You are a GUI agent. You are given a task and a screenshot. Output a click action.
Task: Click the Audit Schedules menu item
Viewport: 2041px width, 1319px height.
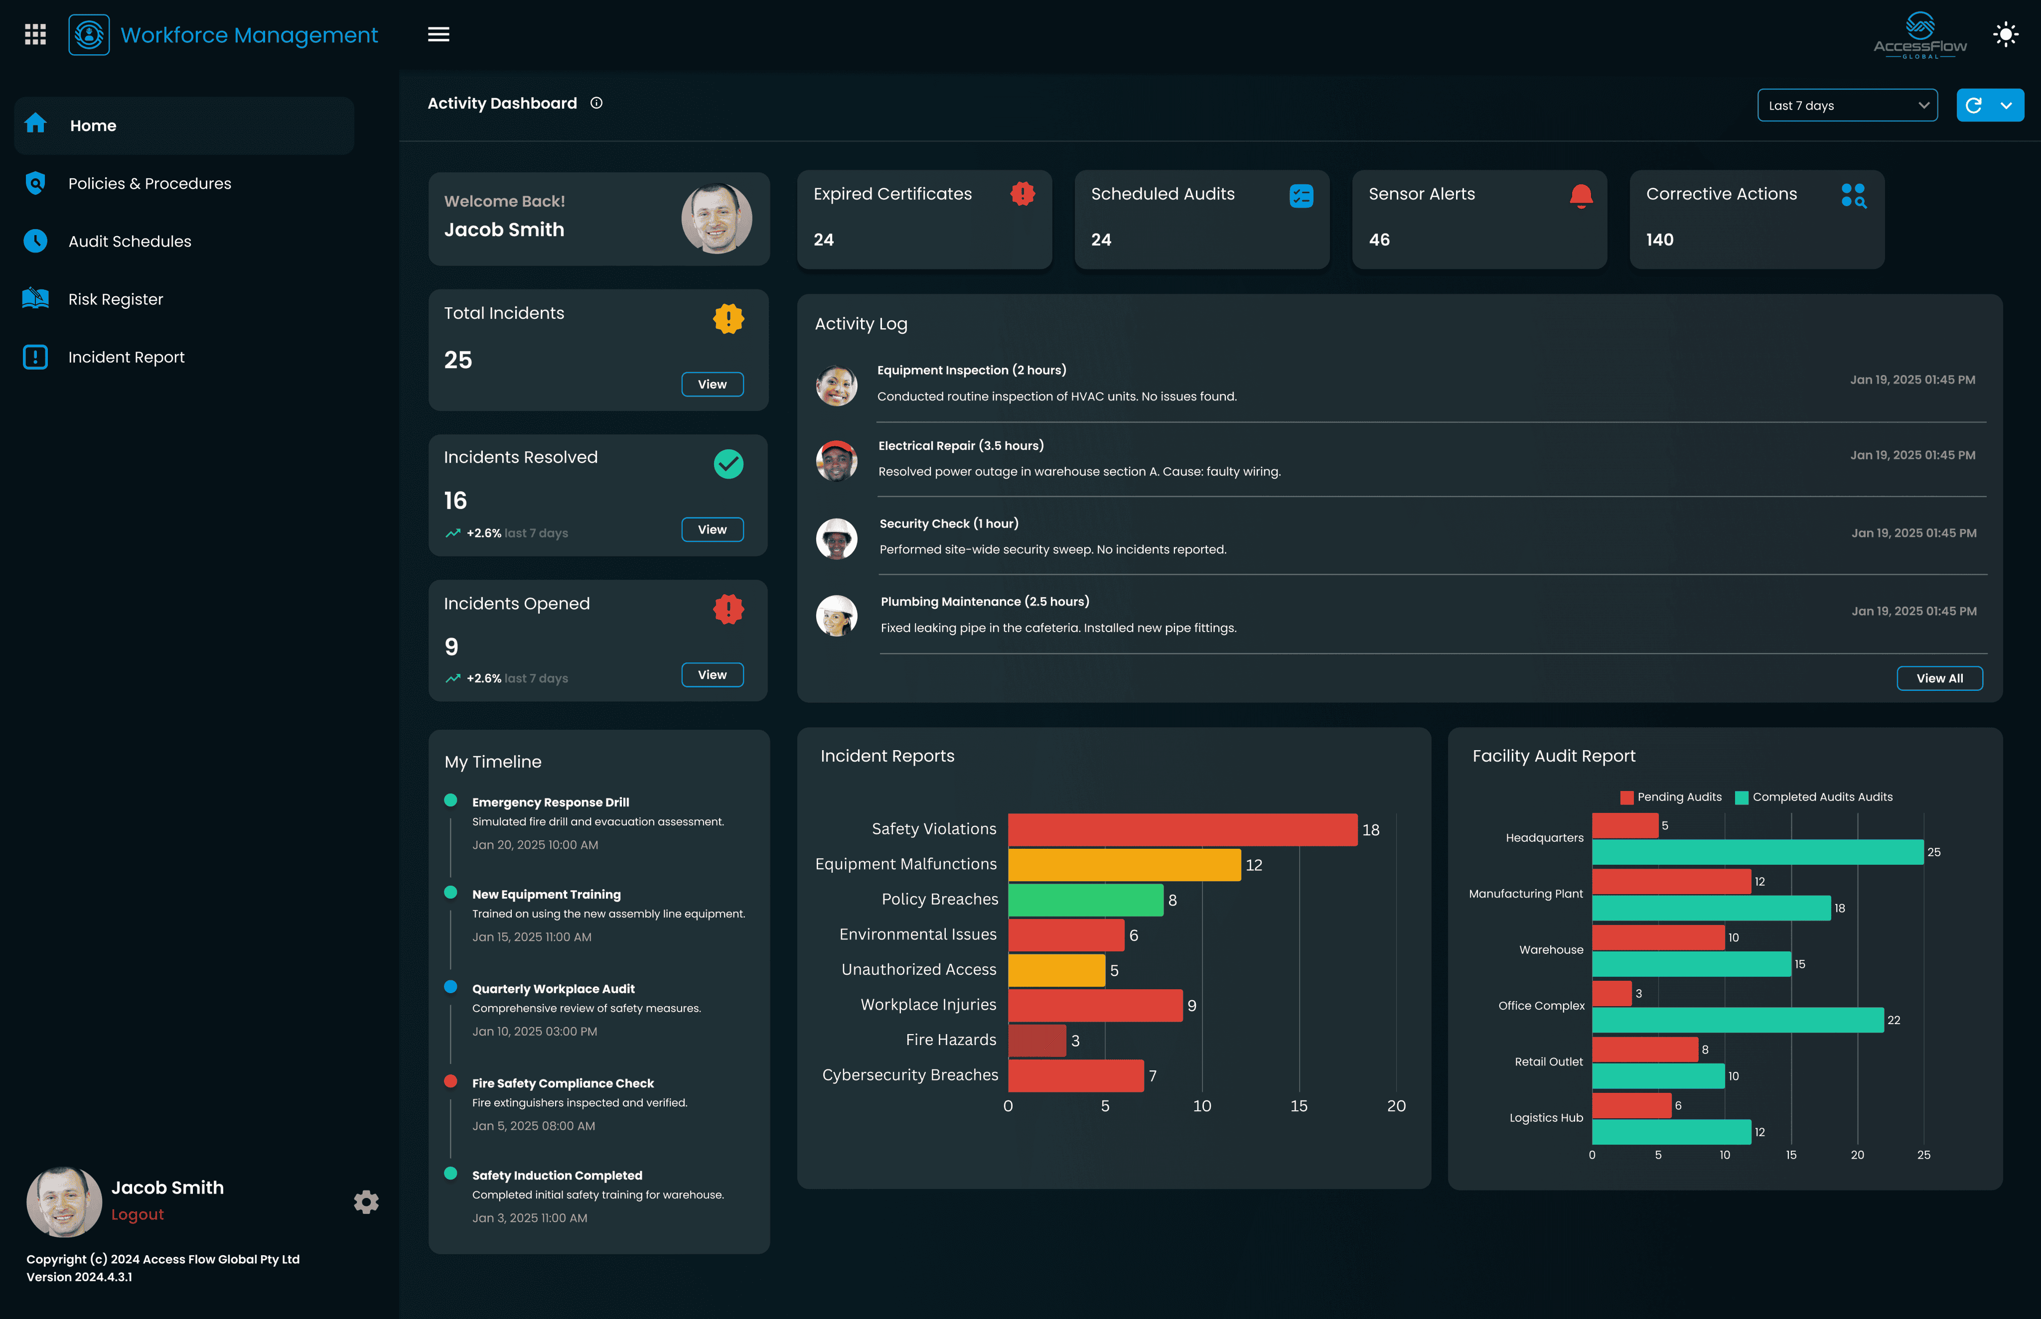click(130, 242)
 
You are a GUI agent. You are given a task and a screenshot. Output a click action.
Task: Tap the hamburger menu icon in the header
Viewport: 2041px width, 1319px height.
click(438, 34)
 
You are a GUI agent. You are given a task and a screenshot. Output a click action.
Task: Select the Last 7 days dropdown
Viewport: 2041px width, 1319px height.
click(1847, 105)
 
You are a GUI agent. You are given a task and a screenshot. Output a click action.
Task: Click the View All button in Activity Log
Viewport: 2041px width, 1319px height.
click(1938, 678)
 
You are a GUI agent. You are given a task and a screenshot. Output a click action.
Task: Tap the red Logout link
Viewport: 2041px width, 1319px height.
click(137, 1214)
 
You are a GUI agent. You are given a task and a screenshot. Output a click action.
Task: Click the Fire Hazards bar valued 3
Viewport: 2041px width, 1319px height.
click(1037, 1040)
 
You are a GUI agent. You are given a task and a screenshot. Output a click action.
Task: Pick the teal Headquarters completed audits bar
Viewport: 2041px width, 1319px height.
click(1756, 852)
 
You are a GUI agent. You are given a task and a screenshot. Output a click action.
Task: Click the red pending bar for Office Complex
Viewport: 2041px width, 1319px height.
click(1611, 994)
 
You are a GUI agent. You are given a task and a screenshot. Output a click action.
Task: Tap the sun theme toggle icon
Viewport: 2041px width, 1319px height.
click(2005, 34)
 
